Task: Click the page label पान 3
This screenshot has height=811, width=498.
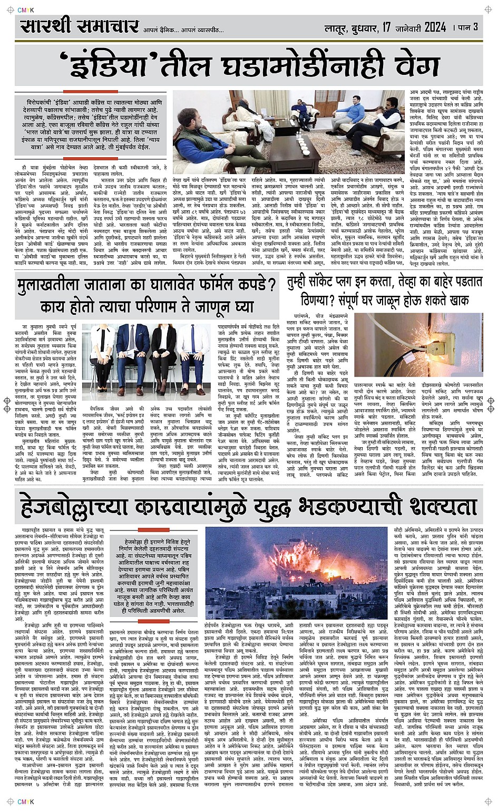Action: (468, 27)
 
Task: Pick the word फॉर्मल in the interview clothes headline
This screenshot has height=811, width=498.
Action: (203, 285)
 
